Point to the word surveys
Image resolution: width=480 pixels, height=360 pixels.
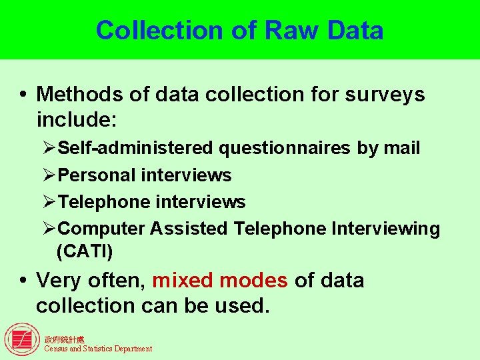(x=385, y=95)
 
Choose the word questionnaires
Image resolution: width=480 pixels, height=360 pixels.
(x=285, y=148)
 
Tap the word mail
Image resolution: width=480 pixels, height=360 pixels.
(x=402, y=148)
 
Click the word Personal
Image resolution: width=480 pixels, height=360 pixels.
(x=97, y=175)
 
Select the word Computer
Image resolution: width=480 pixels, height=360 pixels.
(x=102, y=229)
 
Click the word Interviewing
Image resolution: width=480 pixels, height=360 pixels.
(x=385, y=229)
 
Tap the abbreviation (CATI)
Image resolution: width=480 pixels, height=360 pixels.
(x=85, y=252)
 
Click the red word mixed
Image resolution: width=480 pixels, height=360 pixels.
(x=183, y=280)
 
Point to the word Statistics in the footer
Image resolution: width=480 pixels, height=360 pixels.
(x=97, y=349)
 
